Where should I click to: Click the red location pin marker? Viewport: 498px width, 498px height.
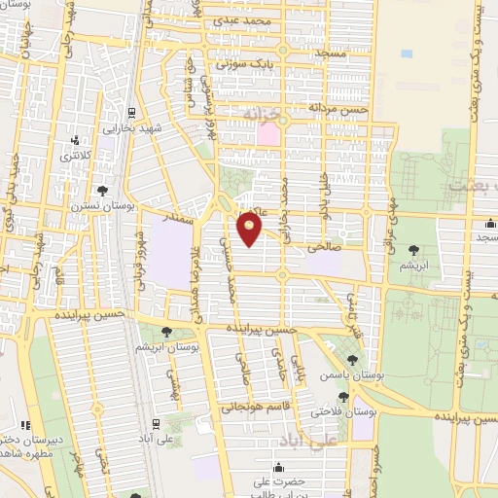(x=250, y=229)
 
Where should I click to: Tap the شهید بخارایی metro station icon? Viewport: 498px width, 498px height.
(x=133, y=111)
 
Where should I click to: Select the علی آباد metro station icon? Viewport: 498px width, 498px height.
(x=157, y=425)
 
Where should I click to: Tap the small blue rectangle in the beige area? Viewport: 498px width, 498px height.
(x=406, y=53)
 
